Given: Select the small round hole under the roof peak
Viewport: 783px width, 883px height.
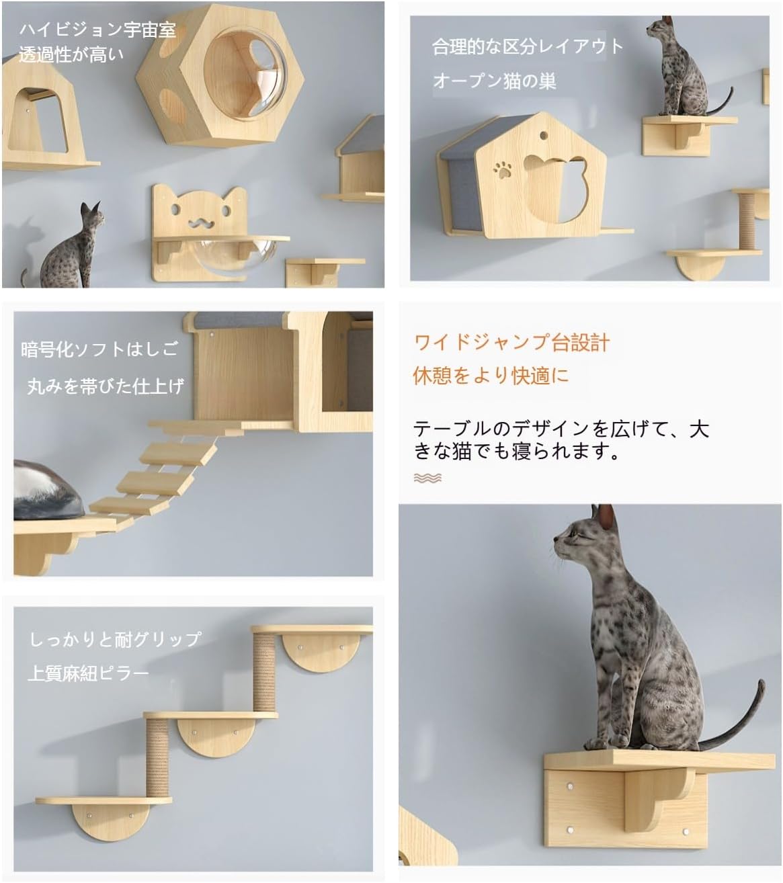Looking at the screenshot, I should coord(543,136).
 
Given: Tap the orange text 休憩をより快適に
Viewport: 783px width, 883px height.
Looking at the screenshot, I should coord(491,375).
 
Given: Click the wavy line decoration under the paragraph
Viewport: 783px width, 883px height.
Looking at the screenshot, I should coord(427,478).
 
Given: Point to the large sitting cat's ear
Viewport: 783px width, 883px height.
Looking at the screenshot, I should coord(606,517).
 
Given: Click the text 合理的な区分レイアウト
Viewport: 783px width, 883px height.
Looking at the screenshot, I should coord(528,46).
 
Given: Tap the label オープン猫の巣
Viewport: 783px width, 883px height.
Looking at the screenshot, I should coord(494,81).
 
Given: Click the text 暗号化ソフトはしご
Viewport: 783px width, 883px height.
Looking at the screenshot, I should coord(99,349).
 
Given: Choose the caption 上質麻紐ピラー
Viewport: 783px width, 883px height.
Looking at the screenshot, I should coord(88,672).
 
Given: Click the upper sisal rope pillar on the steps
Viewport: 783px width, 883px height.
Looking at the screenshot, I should coord(264,671).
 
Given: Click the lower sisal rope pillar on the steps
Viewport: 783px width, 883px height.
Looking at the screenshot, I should coord(157,755).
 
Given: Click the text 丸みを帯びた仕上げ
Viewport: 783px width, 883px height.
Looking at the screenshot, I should coord(105,386).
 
